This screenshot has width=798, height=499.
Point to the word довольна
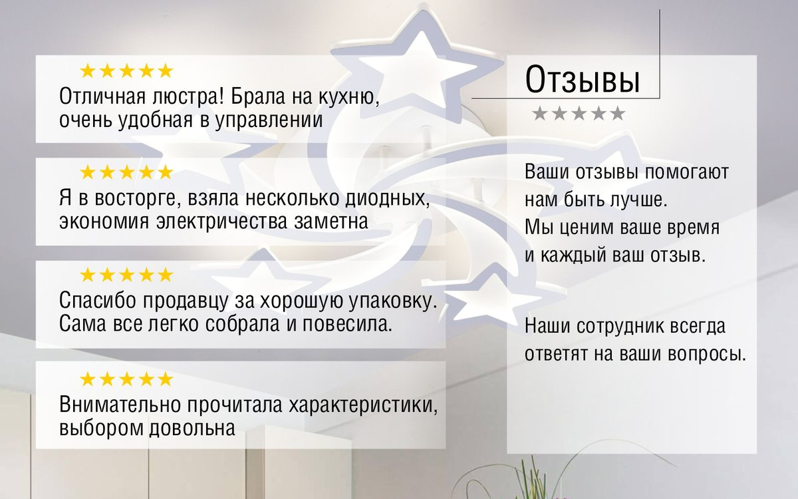(192, 428)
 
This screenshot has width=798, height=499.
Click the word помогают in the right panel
(687, 172)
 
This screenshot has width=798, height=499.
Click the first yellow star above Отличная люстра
(88, 71)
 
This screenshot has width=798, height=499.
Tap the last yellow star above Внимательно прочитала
(165, 379)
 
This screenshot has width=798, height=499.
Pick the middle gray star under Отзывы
(579, 113)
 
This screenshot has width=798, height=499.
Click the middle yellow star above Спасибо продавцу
(126, 275)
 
